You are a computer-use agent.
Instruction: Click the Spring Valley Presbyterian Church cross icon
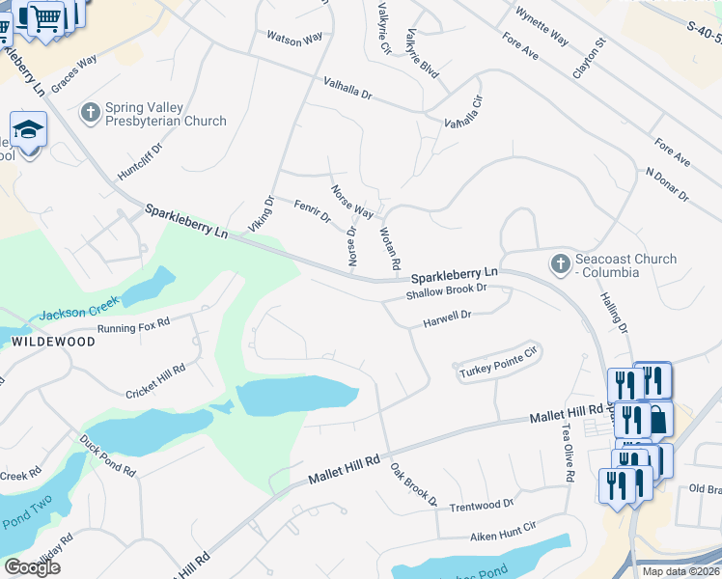pyautogui.click(x=91, y=114)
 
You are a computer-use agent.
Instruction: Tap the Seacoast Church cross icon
pyautogui.click(x=559, y=264)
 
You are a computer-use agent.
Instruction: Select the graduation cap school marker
pyautogui.click(x=28, y=130)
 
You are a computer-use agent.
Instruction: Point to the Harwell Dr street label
pyautogui.click(x=446, y=317)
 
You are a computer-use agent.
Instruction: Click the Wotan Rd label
pyautogui.click(x=390, y=248)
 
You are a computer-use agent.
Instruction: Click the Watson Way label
pyautogui.click(x=294, y=40)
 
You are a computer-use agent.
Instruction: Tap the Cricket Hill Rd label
pyautogui.click(x=154, y=382)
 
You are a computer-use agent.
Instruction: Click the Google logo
pyautogui.click(x=32, y=567)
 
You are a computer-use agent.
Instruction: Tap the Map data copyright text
pyautogui.click(x=680, y=571)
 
